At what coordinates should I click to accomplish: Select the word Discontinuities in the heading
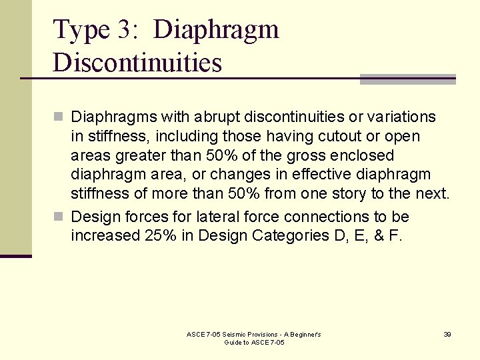point(137,63)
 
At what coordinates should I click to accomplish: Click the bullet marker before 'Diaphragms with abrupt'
point(59,117)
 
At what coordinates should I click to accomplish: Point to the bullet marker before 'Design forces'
point(59,217)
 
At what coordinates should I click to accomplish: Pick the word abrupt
point(218,117)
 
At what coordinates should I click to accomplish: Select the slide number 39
point(447,334)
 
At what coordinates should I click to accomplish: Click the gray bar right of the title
point(407,79)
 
